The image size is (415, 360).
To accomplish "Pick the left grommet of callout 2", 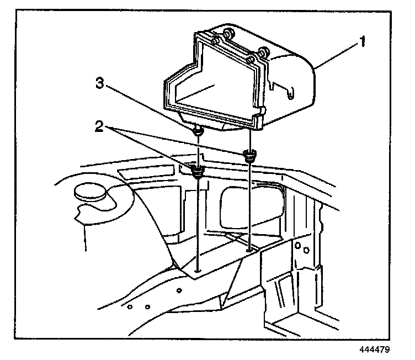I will pyautogui.click(x=197, y=171).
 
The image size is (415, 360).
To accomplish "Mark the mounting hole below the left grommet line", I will pyautogui.click(x=198, y=271).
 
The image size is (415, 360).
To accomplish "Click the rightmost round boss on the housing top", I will pyautogui.click(x=263, y=54).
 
